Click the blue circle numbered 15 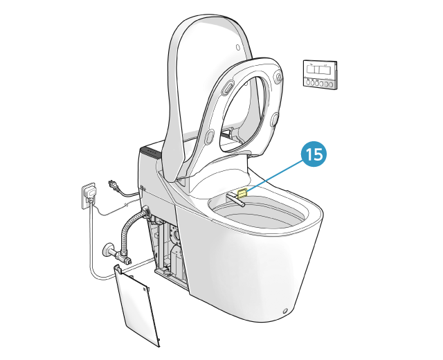314,154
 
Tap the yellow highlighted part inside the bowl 242,193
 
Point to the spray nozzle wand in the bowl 235,199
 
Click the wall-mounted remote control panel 320,74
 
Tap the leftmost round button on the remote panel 307,82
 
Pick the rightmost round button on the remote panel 331,84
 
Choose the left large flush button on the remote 312,70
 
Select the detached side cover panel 136,305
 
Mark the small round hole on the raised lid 238,47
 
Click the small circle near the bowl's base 285,311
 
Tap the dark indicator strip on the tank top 151,152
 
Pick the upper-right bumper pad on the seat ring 278,76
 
